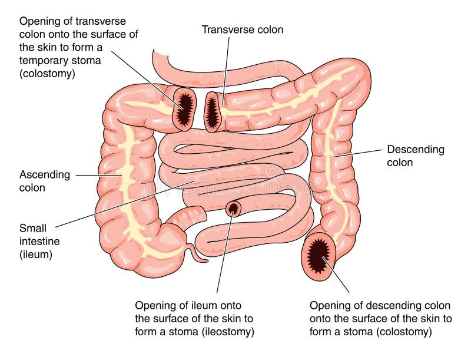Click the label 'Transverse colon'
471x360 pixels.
coord(242,29)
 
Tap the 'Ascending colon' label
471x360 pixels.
coord(45,181)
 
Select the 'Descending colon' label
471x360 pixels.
coord(416,156)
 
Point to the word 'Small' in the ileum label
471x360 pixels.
coord(33,228)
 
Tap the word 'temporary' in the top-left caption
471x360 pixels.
coord(38,61)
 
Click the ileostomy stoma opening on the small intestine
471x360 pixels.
coord(233,209)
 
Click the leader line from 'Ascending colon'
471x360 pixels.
coord(99,175)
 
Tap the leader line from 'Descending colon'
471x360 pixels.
coord(357,153)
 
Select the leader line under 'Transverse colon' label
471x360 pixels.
coord(226,70)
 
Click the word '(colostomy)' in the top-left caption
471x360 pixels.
coord(47,74)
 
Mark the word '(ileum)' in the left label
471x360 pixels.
coord(36,255)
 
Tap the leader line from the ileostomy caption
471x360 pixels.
coord(224,252)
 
